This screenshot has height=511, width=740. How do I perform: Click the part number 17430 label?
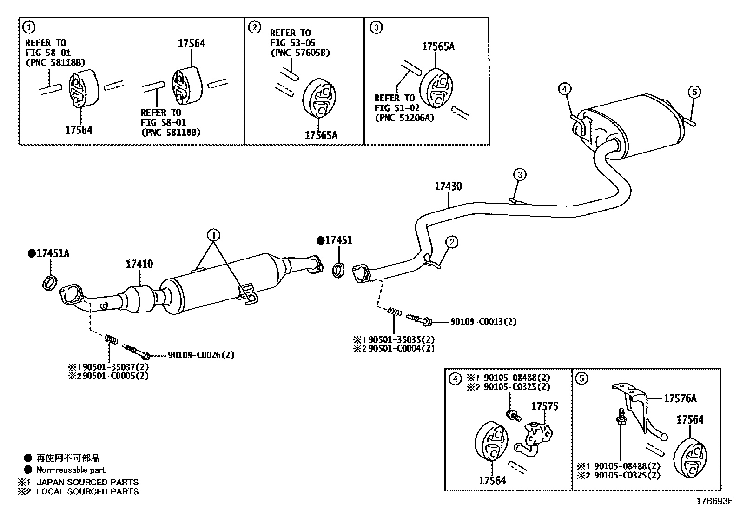click(x=448, y=186)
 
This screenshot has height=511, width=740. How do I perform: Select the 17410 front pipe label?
click(x=139, y=264)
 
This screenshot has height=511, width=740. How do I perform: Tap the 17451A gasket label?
click(x=53, y=253)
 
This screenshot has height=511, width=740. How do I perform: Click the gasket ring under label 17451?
click(x=339, y=269)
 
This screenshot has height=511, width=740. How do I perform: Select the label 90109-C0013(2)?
click(x=483, y=321)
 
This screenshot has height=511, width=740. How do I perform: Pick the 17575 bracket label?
click(x=544, y=406)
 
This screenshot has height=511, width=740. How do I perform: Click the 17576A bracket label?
click(x=680, y=398)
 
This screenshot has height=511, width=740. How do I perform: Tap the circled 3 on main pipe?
click(x=520, y=175)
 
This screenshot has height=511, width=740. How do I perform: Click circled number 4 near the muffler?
click(x=564, y=88)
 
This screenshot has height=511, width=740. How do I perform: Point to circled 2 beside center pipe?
click(x=452, y=241)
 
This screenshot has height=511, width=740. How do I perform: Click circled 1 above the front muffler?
click(x=213, y=235)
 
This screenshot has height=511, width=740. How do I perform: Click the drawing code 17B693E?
click(x=714, y=501)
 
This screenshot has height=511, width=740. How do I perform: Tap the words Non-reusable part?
click(x=71, y=470)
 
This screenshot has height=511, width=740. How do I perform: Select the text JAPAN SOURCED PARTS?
click(x=87, y=482)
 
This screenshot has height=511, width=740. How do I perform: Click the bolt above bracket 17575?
click(x=512, y=414)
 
